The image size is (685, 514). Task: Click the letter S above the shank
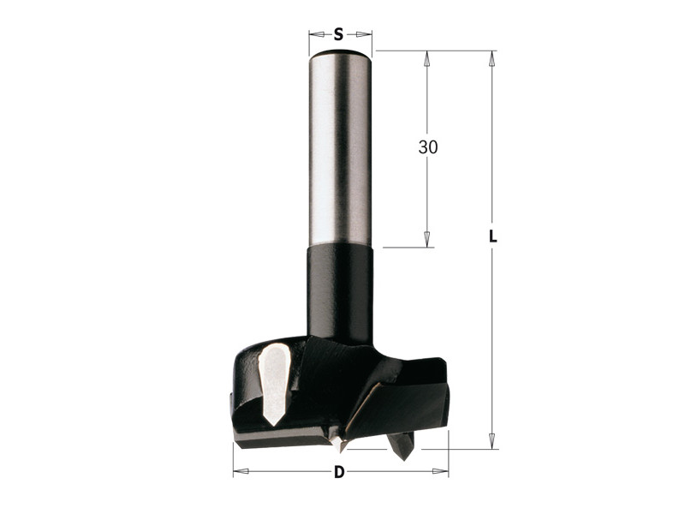click(x=338, y=34)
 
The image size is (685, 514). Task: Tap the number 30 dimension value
click(x=427, y=147)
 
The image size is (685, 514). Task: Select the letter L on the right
click(x=493, y=236)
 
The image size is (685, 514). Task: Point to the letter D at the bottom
click(x=339, y=472)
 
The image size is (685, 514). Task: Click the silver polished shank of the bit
click(x=340, y=148)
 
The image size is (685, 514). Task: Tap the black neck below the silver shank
click(x=340, y=293)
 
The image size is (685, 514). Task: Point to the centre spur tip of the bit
click(x=338, y=446)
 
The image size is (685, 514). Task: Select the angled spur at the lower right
click(x=401, y=445)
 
